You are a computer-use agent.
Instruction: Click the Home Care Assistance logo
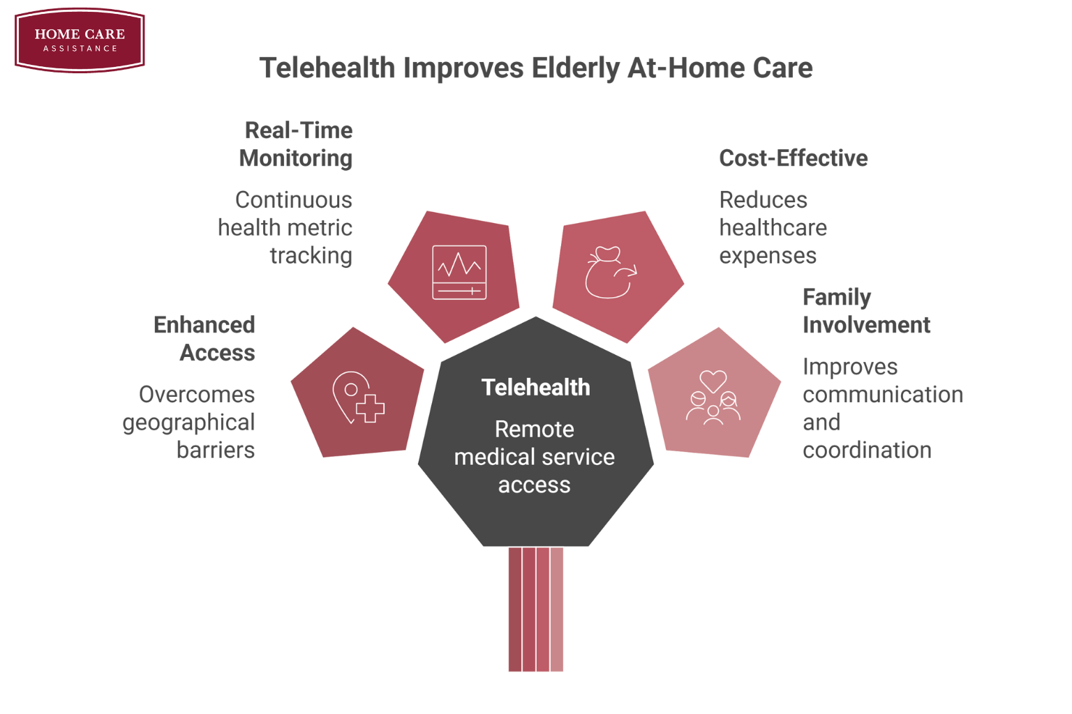[80, 40]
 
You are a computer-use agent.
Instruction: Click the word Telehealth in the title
[327, 68]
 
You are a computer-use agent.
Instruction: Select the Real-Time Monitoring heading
[296, 144]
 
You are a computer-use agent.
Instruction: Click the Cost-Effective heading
[793, 158]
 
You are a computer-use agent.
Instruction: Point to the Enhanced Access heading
[204, 339]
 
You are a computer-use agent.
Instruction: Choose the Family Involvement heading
[866, 311]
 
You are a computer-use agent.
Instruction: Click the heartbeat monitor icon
[459, 272]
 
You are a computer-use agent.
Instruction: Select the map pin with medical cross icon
[359, 397]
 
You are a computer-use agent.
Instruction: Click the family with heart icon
[713, 397]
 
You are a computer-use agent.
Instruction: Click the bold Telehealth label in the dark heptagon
[535, 387]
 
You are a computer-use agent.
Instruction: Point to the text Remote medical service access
[534, 457]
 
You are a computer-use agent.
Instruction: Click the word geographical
[188, 423]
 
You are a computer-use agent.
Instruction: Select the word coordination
[867, 450]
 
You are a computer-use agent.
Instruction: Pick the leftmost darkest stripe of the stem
[515, 609]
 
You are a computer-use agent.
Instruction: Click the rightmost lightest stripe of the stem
[556, 609]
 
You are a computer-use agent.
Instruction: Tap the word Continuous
[293, 200]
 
